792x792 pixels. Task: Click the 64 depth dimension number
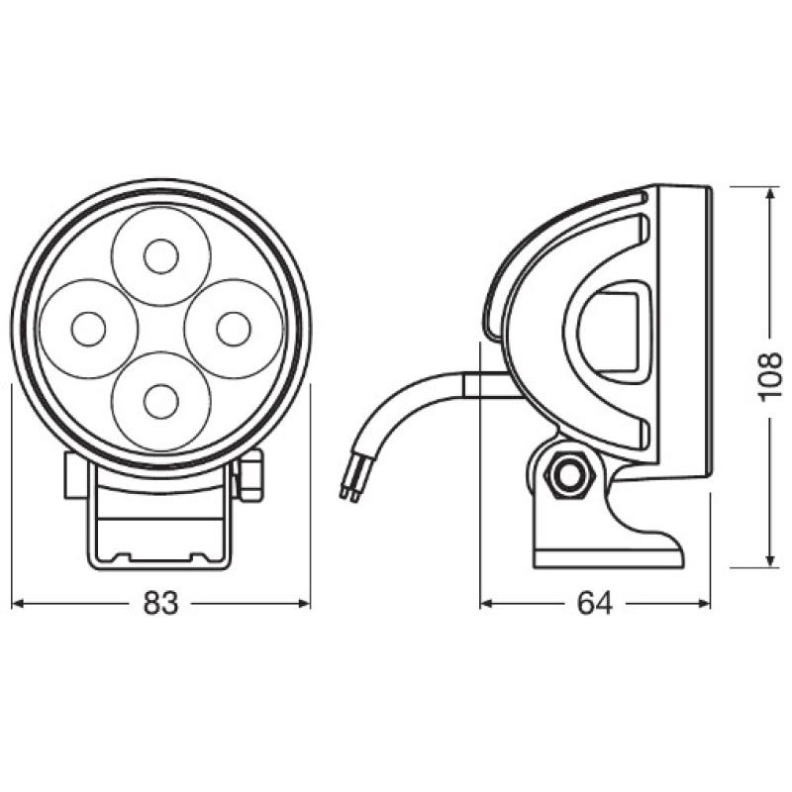594,603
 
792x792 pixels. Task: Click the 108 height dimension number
770,376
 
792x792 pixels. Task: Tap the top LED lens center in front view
159,257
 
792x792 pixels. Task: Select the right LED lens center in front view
234,329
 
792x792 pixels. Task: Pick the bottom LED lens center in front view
159,401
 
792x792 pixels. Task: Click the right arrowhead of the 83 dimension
304,603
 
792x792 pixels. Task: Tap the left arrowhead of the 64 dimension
486,603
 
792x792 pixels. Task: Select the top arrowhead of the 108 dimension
770,191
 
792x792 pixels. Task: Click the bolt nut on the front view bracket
249,473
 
